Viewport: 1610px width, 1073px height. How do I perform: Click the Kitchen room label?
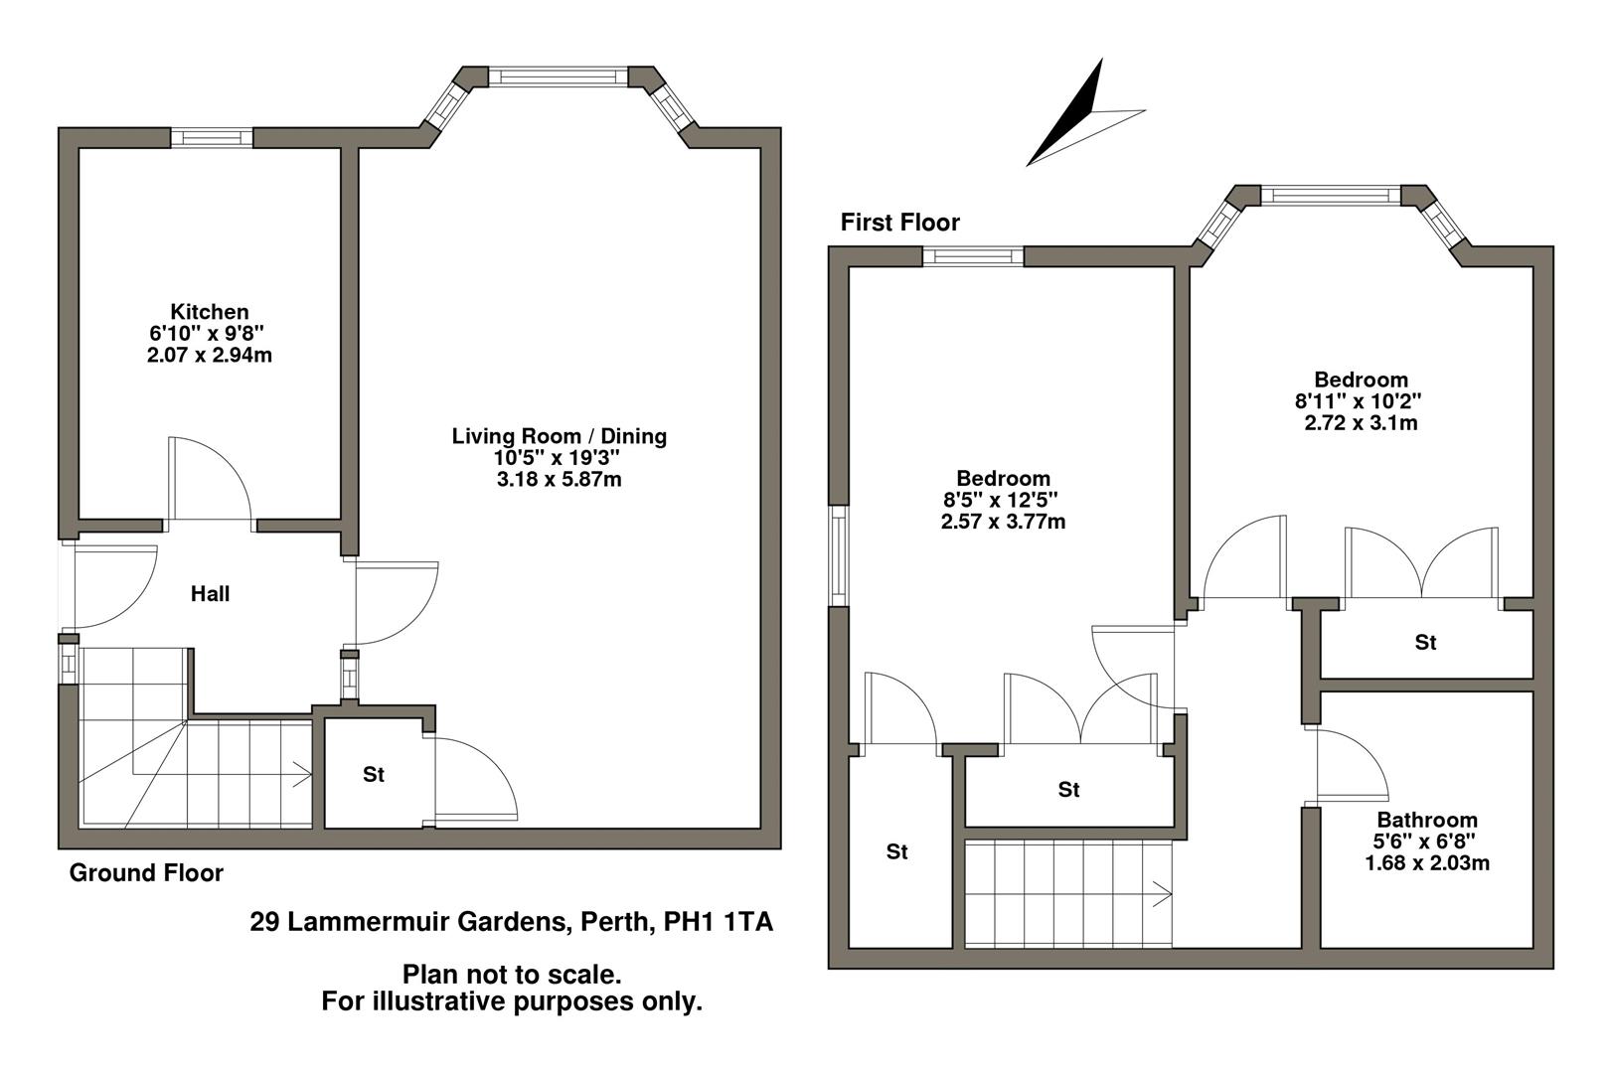(209, 312)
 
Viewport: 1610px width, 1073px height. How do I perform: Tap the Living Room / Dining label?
(559, 436)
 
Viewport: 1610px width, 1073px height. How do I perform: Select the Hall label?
(210, 594)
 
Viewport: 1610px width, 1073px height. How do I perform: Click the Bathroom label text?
(1426, 821)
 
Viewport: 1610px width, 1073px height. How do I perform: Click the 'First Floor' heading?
(899, 223)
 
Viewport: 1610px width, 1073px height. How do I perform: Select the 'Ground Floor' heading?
(146, 873)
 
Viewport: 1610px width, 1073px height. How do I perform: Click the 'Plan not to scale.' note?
(512, 975)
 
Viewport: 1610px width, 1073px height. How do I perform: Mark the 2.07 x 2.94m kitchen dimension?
(209, 355)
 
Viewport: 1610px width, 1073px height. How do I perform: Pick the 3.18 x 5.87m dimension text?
(559, 480)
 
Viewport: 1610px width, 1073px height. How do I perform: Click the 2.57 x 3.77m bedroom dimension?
(1003, 522)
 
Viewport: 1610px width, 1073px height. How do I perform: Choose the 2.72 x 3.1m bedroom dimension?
(1361, 423)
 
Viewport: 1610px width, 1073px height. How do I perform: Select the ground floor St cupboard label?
(373, 775)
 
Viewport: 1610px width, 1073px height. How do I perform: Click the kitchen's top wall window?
(212, 138)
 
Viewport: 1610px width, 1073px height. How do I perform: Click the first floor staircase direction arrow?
(1160, 894)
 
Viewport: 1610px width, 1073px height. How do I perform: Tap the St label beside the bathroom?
(1425, 643)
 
